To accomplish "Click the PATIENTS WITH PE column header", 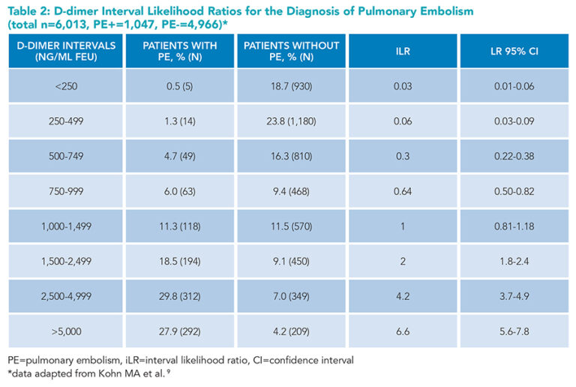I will pyautogui.click(x=179, y=51).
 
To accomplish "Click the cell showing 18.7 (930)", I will pyautogui.click(x=292, y=87).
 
